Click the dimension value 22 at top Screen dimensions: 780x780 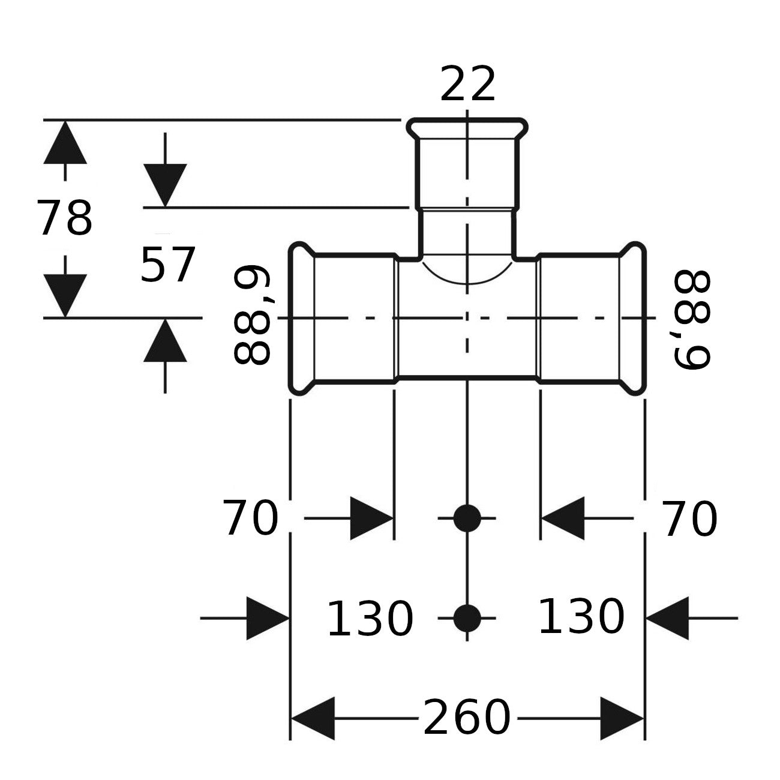click(467, 84)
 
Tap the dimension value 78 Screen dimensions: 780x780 click(65, 218)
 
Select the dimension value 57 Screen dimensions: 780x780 click(167, 265)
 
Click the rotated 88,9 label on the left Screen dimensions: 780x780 click(253, 315)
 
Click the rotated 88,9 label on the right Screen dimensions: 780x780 click(692, 320)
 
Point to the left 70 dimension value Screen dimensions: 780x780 click(251, 518)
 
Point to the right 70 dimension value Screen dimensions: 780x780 click(689, 519)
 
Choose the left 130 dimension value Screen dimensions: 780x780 click(370, 619)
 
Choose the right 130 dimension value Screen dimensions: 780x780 click(581, 617)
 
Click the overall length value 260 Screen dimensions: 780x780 click(467, 718)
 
